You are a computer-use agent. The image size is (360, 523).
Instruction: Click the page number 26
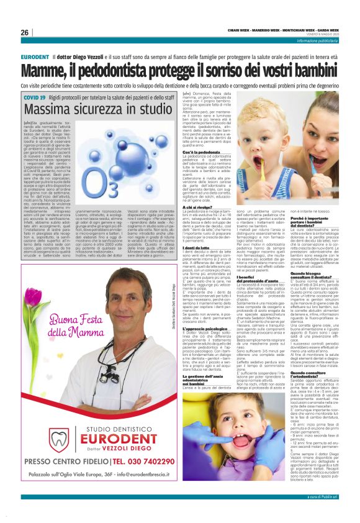(x=25, y=32)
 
